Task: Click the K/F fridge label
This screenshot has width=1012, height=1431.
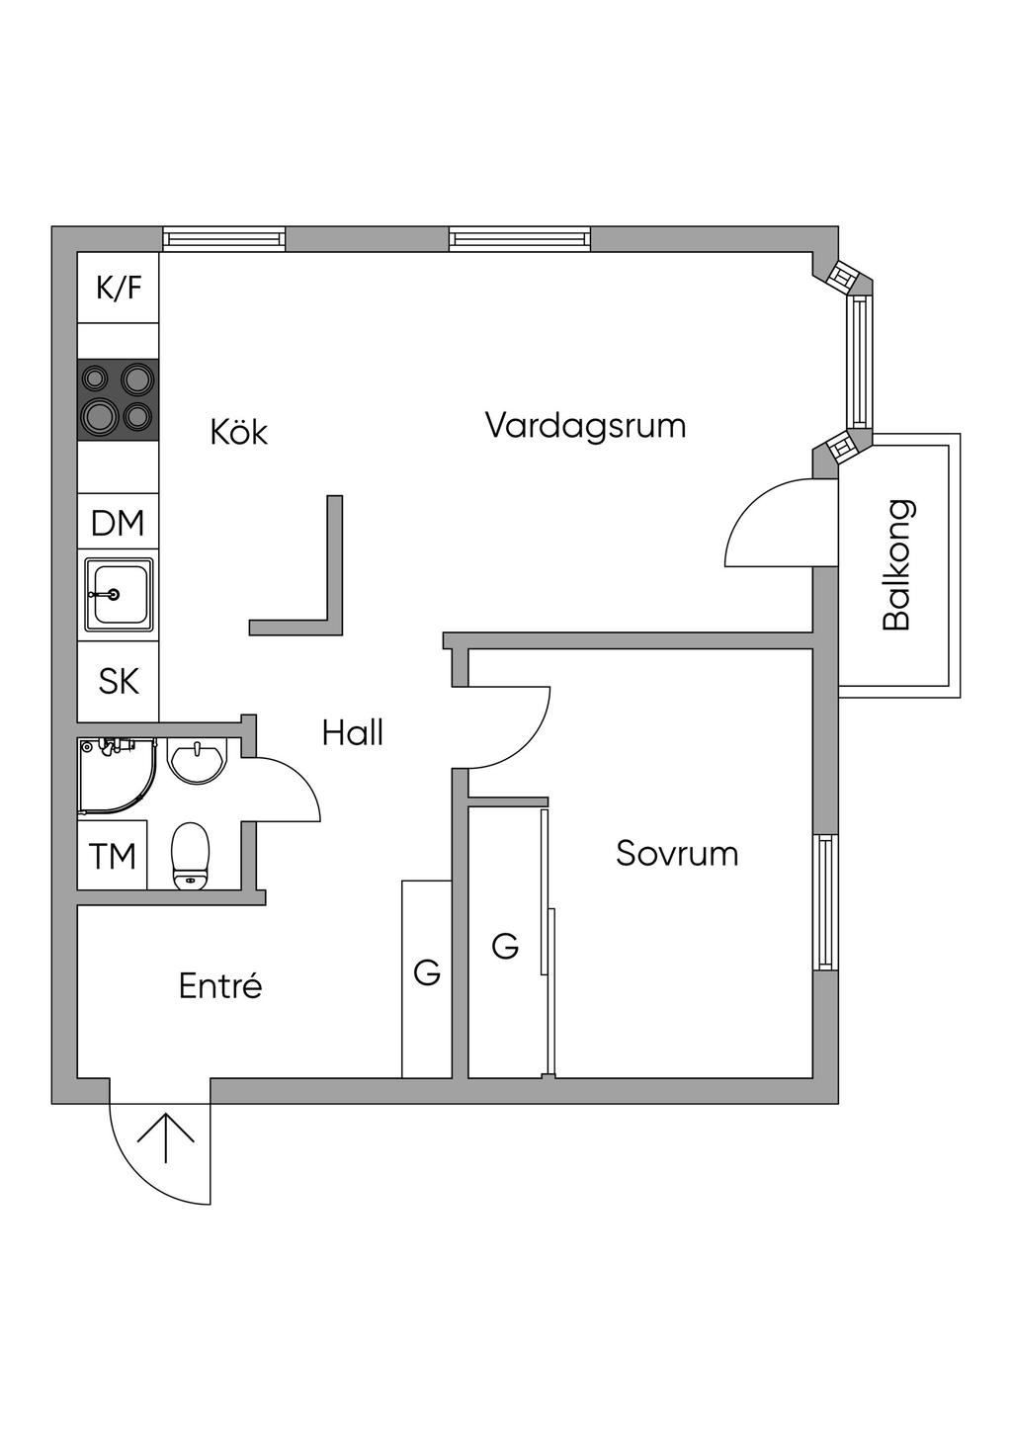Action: (x=119, y=288)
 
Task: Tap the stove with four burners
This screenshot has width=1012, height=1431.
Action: (x=119, y=398)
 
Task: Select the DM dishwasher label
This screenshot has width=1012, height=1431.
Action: (x=118, y=523)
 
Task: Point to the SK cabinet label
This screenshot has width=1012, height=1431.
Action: (x=119, y=681)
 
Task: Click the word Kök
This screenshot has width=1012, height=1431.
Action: (x=239, y=432)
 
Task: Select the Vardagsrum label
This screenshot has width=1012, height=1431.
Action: (x=585, y=426)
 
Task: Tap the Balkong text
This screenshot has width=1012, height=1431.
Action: (x=897, y=565)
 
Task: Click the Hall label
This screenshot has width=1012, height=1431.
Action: (x=353, y=732)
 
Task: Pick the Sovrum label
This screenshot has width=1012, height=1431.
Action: (x=677, y=853)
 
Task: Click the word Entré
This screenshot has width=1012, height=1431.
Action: (x=220, y=985)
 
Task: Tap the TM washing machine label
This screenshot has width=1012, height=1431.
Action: (x=113, y=856)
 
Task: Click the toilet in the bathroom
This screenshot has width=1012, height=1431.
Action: (x=191, y=857)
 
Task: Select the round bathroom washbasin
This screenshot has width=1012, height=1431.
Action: (x=199, y=761)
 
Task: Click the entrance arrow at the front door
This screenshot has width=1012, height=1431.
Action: (x=165, y=1138)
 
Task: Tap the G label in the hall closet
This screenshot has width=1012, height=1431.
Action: (x=427, y=973)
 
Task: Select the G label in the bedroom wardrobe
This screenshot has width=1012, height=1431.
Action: (x=505, y=947)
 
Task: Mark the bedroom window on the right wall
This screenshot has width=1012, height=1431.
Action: (x=825, y=901)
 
